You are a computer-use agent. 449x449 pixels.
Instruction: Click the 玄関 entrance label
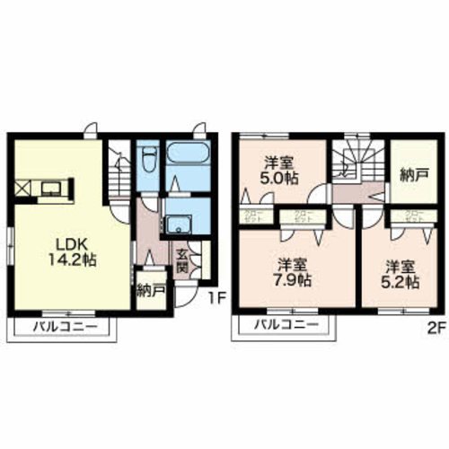(x=181, y=259)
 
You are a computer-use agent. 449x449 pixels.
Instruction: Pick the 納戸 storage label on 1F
(x=149, y=290)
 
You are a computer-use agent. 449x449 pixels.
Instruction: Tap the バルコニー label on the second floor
(x=281, y=324)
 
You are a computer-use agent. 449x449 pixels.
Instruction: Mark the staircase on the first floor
(x=116, y=176)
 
